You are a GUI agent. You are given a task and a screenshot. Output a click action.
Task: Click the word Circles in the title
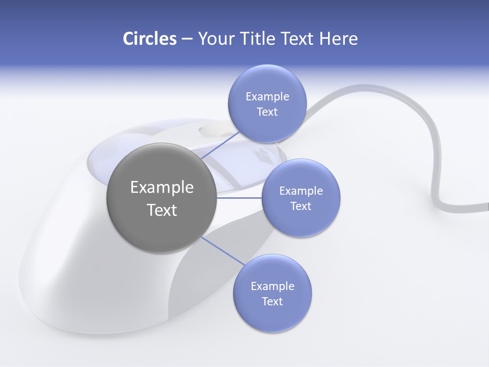(x=149, y=39)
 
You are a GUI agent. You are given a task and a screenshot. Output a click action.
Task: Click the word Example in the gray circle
(x=161, y=188)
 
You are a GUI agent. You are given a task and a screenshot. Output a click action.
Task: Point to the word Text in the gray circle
(x=161, y=210)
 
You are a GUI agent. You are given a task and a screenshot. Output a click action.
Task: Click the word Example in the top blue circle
(x=267, y=96)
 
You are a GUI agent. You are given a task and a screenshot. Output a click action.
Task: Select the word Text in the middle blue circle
(x=301, y=206)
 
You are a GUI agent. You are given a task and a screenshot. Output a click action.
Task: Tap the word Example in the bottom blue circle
(x=272, y=286)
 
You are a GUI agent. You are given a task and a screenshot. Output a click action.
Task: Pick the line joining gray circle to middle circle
(x=238, y=197)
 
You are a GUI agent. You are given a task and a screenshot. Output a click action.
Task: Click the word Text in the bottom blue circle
(x=272, y=302)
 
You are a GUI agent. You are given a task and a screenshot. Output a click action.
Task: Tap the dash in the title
(x=186, y=39)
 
